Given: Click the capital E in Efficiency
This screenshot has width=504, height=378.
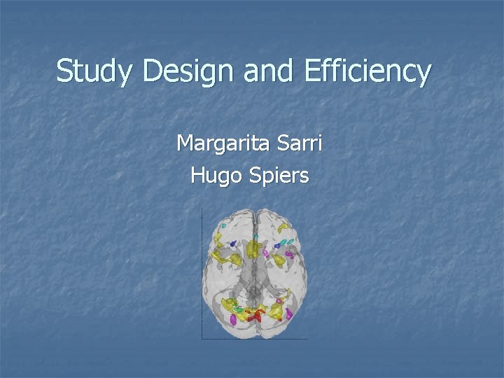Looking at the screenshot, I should click(x=311, y=71).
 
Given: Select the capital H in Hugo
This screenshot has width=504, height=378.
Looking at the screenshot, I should click(x=197, y=175).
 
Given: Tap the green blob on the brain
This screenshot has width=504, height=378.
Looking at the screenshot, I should click(x=239, y=308).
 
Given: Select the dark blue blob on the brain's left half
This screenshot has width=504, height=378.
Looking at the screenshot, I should click(x=234, y=244).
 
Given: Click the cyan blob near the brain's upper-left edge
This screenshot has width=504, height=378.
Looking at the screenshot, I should click(x=224, y=225).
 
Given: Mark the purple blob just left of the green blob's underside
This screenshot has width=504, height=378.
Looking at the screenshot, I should click(x=233, y=319).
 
